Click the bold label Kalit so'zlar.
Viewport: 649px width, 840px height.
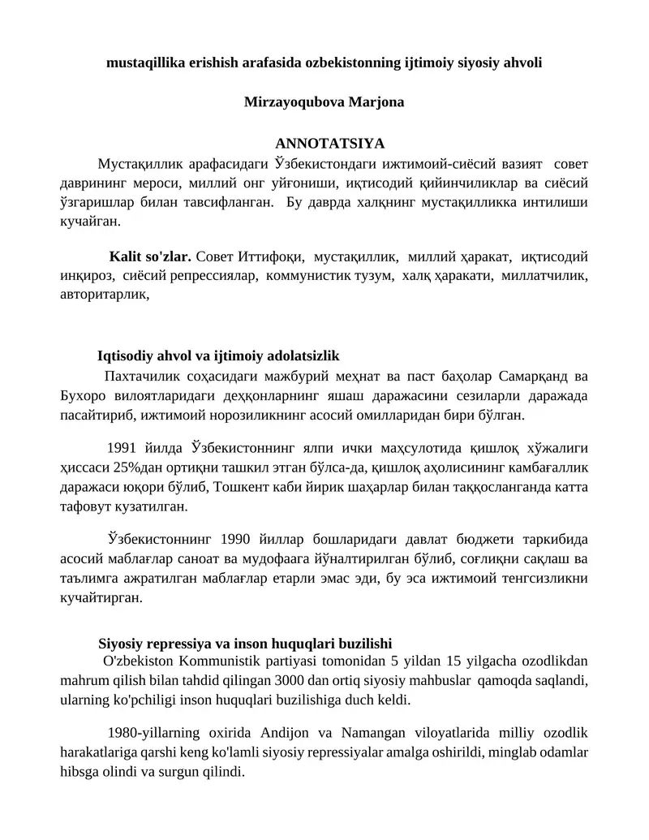coord(151,257)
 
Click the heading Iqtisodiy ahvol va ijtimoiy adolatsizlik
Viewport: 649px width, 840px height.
coord(218,355)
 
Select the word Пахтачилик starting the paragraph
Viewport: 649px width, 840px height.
coord(140,376)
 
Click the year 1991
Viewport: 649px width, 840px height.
coord(122,447)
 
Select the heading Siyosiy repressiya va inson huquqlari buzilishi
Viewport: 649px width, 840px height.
coord(245,644)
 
